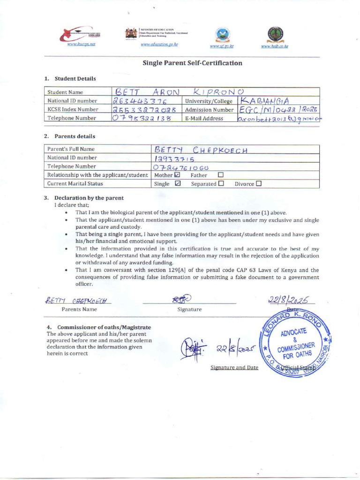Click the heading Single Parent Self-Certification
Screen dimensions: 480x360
(x=193, y=63)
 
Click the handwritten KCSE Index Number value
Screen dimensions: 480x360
(x=144, y=110)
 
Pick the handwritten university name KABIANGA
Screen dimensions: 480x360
(x=265, y=101)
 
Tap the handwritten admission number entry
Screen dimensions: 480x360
(x=278, y=110)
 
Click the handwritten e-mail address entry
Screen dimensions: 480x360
(x=279, y=119)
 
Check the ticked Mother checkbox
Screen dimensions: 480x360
(x=177, y=175)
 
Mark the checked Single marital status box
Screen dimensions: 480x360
(x=177, y=184)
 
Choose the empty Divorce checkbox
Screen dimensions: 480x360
(x=259, y=184)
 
